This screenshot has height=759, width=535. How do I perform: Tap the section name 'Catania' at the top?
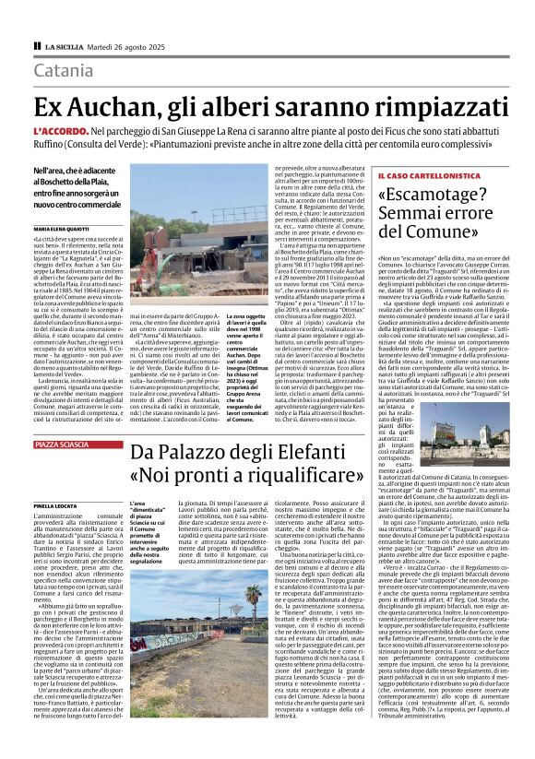[x=64, y=70]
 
